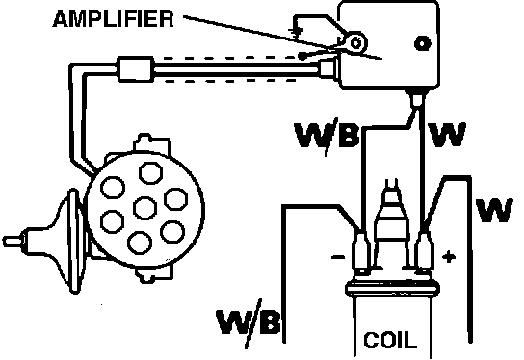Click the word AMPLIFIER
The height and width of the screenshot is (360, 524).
(x=114, y=18)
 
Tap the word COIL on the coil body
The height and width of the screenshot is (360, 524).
(x=390, y=340)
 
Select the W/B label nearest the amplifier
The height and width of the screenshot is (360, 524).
(x=327, y=136)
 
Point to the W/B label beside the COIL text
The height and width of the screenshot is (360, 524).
(x=249, y=322)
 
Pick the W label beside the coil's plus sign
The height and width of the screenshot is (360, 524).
(x=494, y=210)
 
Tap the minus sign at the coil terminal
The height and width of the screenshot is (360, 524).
(x=338, y=257)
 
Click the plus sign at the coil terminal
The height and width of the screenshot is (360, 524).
(x=449, y=257)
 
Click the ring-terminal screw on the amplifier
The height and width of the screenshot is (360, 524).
(x=355, y=43)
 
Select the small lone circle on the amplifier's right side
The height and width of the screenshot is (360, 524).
(x=423, y=43)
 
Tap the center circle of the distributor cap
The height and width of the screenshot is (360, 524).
(x=144, y=208)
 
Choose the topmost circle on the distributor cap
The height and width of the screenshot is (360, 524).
(x=150, y=172)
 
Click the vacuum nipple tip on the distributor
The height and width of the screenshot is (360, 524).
(x=13, y=241)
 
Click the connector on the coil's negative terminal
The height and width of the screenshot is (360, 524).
(x=361, y=249)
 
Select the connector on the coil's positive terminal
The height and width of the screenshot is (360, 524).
(x=424, y=249)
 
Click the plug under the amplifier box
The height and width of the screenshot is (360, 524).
(x=415, y=97)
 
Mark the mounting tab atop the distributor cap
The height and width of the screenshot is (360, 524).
(x=151, y=142)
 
